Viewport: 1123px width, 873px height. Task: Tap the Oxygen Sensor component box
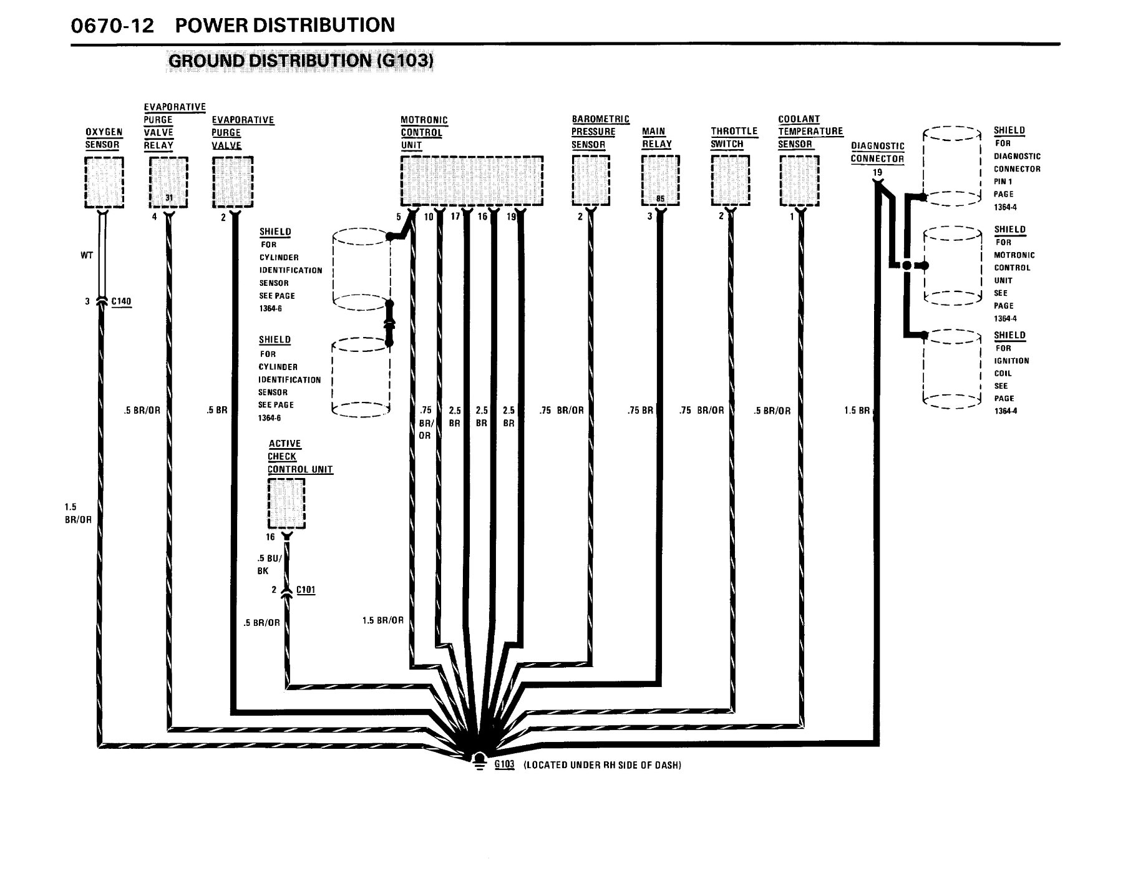coord(104,182)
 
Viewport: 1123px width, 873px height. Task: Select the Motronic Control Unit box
coord(472,180)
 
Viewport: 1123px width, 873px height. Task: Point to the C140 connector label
coord(122,302)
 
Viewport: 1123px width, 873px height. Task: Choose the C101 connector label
coord(306,590)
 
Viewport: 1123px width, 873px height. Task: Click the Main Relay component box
coord(661,180)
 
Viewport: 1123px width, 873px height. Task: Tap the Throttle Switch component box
coord(731,180)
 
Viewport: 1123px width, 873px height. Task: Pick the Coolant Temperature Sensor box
coord(799,180)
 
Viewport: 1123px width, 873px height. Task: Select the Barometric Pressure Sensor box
coord(591,180)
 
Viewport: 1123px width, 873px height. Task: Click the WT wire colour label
coord(87,255)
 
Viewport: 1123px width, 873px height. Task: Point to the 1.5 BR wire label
coord(857,411)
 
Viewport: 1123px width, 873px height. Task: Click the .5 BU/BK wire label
coord(270,564)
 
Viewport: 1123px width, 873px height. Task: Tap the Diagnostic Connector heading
coord(877,152)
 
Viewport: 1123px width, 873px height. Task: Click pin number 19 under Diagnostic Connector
coord(877,172)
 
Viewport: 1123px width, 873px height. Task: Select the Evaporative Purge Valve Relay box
coord(169,182)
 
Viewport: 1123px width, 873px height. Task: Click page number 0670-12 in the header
coord(113,26)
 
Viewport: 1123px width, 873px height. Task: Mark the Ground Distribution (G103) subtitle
coord(301,61)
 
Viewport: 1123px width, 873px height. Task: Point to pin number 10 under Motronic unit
coord(429,217)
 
